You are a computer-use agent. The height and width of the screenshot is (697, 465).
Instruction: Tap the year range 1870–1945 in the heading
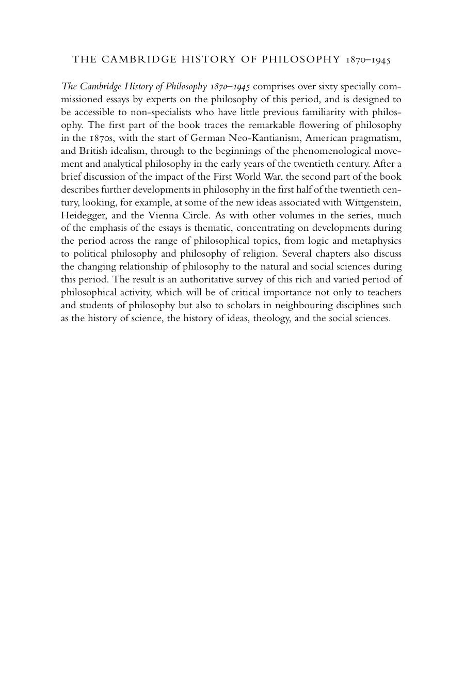click(369, 60)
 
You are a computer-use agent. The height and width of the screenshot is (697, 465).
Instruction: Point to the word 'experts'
click(159, 99)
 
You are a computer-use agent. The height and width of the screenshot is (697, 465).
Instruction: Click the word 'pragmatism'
click(376, 138)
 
